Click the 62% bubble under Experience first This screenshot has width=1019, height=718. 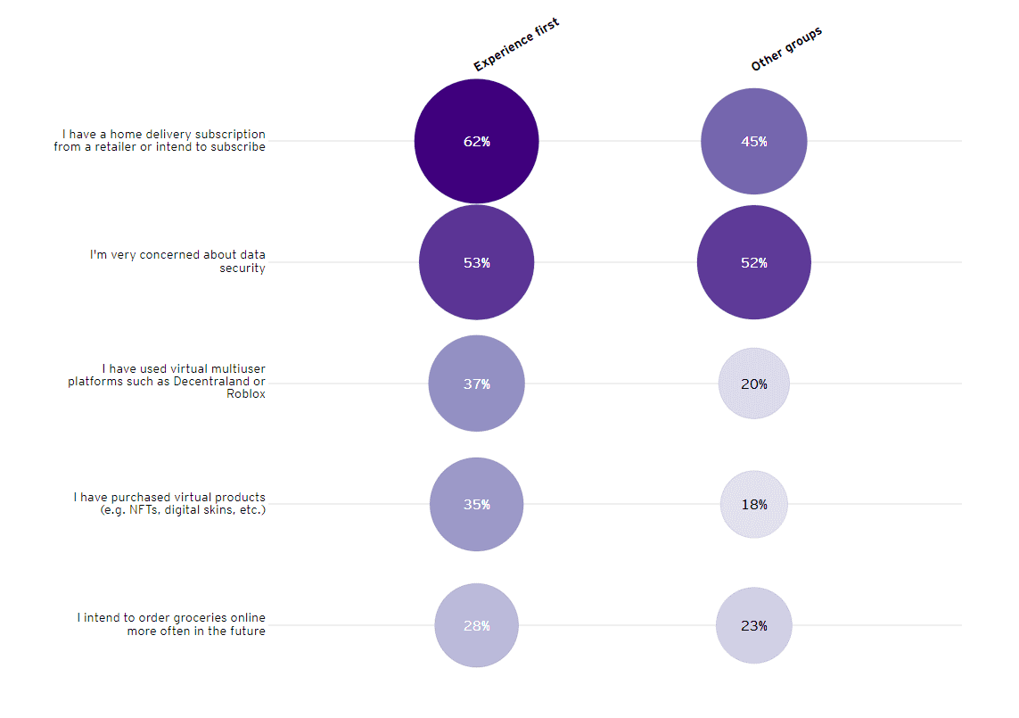(476, 141)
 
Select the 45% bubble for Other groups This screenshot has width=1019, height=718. (753, 141)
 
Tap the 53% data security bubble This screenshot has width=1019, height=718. (476, 262)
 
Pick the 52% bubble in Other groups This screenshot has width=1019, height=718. (753, 262)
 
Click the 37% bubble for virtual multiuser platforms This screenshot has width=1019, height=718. (476, 384)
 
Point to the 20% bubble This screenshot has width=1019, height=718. (753, 384)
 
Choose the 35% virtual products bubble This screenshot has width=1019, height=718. (476, 504)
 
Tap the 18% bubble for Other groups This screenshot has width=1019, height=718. (753, 504)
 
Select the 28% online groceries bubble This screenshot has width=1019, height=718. (476, 625)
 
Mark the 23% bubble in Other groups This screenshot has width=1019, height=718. (753, 625)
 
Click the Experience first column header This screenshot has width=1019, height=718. (515, 45)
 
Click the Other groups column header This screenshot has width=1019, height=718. (785, 49)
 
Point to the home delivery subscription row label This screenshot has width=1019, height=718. (160, 141)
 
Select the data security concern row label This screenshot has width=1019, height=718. (177, 261)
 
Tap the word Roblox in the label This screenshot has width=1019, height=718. (246, 394)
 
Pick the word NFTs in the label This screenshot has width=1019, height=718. (144, 510)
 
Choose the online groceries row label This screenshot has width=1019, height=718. (171, 624)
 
